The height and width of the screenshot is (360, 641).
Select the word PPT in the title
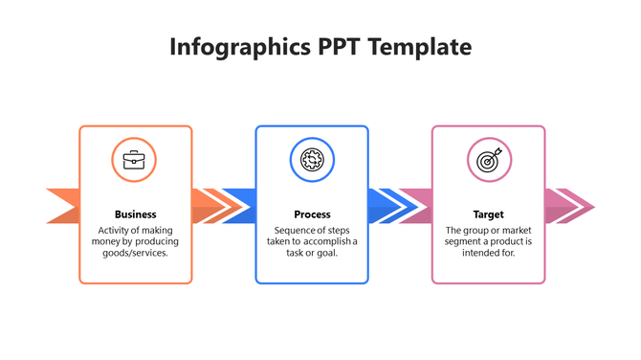pos(340,47)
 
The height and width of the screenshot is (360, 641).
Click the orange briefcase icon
pos(135,160)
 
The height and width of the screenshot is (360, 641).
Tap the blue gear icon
pos(312,160)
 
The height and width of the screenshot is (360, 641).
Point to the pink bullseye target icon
pos(488,160)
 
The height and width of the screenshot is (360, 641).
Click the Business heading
pos(135,214)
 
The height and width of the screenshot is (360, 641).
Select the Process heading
pos(312,214)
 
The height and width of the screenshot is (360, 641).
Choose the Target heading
pos(488,214)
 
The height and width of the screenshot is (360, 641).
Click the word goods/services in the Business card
pos(135,253)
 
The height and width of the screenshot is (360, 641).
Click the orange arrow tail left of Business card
pos(63,206)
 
